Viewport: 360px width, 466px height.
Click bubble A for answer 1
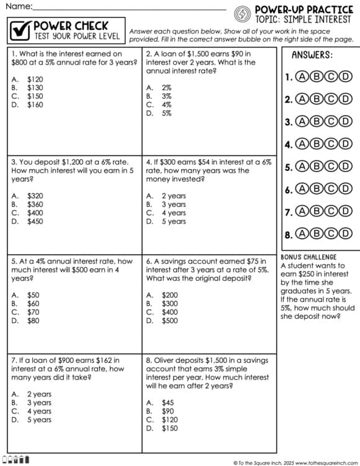pyautogui.click(x=302, y=77)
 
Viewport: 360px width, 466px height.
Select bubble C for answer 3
pyautogui.click(x=330, y=122)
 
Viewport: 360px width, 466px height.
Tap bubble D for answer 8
pyautogui.click(x=344, y=234)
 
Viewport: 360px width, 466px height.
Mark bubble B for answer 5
pyautogui.click(x=316, y=167)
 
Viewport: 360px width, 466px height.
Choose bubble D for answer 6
pyautogui.click(x=344, y=189)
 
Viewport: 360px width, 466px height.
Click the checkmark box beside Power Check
pyautogui.click(x=20, y=30)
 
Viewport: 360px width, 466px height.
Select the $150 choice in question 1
pyautogui.click(x=35, y=96)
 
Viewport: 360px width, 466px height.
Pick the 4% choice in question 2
pyautogui.click(x=166, y=105)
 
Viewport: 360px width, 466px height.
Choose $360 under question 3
pyautogui.click(x=35, y=204)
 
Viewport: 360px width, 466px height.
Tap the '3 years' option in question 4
pyautogui.click(x=173, y=204)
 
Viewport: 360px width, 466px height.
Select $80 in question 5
pyautogui.click(x=33, y=321)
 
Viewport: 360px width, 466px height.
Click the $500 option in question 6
pyautogui.click(x=169, y=321)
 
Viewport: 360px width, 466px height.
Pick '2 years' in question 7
pyautogui.click(x=39, y=394)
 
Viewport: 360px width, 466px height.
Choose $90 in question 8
pyautogui.click(x=168, y=411)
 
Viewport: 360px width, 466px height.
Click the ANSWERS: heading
pyautogui.click(x=312, y=55)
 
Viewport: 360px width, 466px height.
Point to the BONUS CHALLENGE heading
pyautogui.click(x=308, y=257)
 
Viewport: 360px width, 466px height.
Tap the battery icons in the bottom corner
pyautogui.click(x=15, y=460)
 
